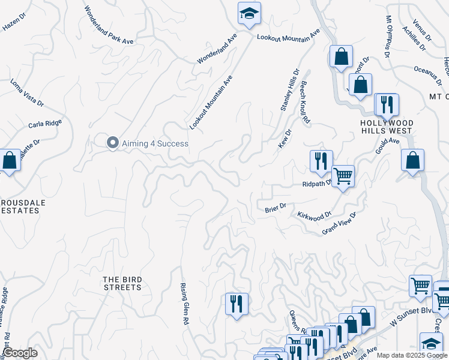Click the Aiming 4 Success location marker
(112, 143)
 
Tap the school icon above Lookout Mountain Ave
(249, 13)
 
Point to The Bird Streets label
(122, 283)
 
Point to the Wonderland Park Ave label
(109, 25)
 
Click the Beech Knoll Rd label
(305, 102)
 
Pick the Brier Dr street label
(276, 208)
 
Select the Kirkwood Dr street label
(314, 214)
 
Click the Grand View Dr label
(339, 223)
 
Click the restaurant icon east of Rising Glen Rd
(237, 303)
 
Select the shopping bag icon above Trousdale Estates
(9, 161)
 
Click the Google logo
(20, 353)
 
